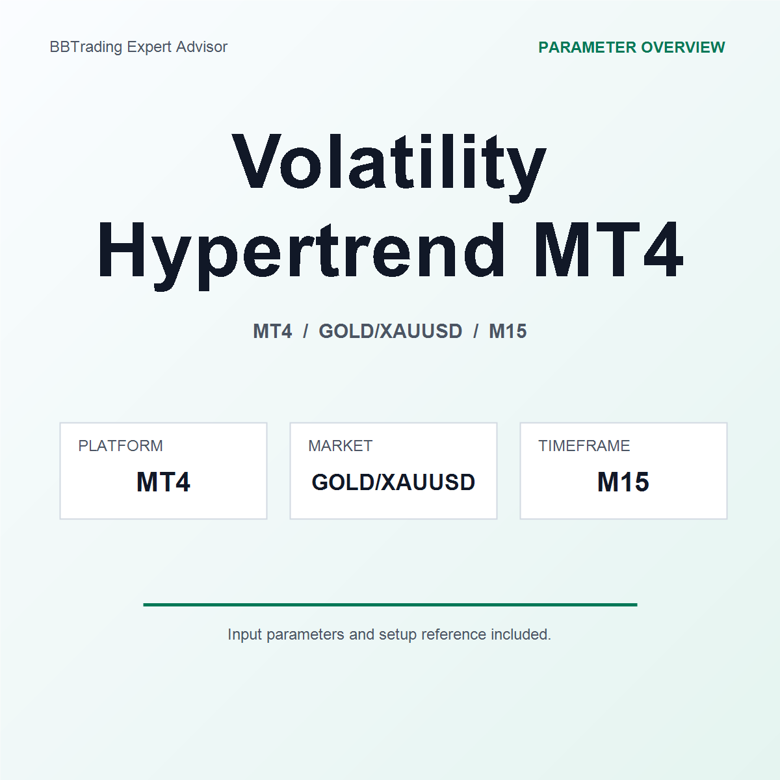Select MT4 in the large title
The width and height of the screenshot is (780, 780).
tap(608, 249)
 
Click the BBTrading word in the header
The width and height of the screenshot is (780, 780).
tap(86, 47)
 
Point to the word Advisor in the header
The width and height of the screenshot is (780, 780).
tap(201, 47)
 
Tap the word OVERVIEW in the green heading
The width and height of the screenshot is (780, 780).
tap(683, 47)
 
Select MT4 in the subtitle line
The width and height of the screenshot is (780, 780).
tap(272, 331)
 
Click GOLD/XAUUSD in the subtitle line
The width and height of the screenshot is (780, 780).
tap(390, 331)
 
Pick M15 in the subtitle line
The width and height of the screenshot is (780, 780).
tap(508, 331)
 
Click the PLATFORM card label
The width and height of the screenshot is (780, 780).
tap(120, 446)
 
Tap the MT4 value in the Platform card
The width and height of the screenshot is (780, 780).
tap(163, 482)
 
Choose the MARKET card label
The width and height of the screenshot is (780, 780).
tap(340, 446)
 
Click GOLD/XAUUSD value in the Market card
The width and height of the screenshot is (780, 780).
tap(393, 482)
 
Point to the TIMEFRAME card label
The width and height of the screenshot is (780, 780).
tap(584, 446)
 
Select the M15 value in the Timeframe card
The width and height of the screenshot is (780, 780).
tap(623, 482)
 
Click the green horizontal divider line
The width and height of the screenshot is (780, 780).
tap(390, 604)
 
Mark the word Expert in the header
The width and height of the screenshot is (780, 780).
tap(149, 47)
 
